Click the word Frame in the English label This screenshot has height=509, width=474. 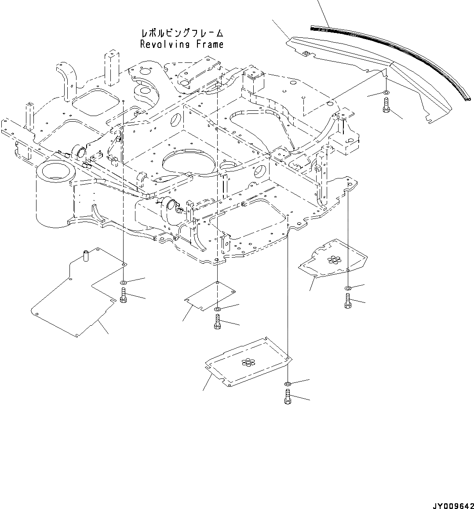210,44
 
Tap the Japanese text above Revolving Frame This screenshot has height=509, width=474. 182,33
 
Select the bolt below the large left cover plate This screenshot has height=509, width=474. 123,295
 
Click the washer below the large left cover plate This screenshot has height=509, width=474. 123,282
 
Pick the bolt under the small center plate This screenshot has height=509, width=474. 217,323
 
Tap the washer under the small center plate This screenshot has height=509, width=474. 218,310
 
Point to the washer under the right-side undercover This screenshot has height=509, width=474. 348,288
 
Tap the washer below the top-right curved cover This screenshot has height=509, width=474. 386,93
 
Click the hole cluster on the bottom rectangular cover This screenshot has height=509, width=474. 249,362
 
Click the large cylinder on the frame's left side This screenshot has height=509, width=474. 52,193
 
